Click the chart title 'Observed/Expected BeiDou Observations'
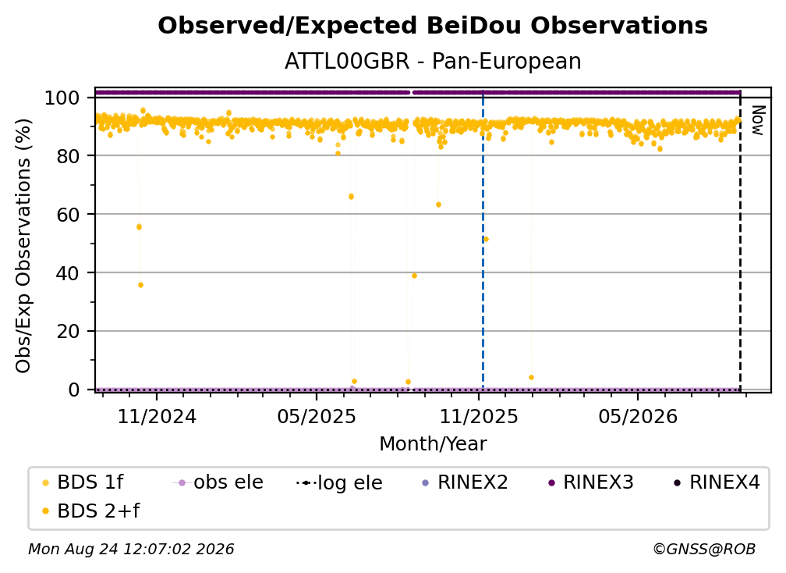433,26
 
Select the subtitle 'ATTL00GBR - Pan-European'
433,62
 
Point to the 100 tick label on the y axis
62,98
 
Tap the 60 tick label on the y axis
68,214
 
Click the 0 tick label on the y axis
74,390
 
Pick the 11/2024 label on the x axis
157,416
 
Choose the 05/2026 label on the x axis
638,416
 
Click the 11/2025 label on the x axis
479,416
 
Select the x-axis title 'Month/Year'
433,444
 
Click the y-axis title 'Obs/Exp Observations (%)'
23,246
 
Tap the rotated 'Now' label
757,120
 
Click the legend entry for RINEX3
591,482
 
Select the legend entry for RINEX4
717,482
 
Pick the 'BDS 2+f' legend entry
91,511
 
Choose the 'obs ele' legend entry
218,482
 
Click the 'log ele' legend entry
339,482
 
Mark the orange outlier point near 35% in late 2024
141,285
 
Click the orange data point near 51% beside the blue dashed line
486,240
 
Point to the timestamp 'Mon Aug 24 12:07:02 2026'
131,550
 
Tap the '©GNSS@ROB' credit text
704,550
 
